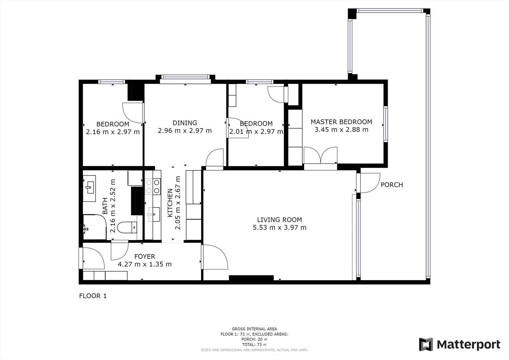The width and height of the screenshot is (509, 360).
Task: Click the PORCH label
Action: pos(392,185)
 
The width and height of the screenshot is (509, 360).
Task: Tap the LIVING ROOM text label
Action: pos(280,220)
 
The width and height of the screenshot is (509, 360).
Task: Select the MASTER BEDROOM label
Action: pos(341,122)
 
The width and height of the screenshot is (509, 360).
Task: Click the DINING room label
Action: pos(185,123)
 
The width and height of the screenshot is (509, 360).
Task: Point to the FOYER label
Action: pos(145,257)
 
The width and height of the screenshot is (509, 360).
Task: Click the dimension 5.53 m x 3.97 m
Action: pos(280,227)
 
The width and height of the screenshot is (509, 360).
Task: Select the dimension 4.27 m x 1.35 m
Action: pos(145,264)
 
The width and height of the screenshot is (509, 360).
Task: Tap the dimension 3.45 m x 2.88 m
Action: pos(341,130)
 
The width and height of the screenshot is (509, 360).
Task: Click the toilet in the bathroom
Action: pos(127,227)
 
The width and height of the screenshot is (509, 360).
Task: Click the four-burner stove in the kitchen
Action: pos(153,187)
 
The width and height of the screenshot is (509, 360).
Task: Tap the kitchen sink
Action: pos(154,214)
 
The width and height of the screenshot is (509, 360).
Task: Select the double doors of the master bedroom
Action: pos(320,156)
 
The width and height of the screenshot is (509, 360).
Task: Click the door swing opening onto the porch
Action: pos(370,183)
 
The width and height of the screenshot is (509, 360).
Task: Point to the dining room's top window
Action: pos(185,77)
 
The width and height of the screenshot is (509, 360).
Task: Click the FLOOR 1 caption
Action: pos(93,296)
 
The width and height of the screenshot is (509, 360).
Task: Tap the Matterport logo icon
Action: pos(426,344)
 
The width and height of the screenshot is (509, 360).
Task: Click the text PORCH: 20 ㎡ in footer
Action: pos(254,339)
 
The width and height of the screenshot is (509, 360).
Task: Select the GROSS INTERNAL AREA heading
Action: pos(254,329)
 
